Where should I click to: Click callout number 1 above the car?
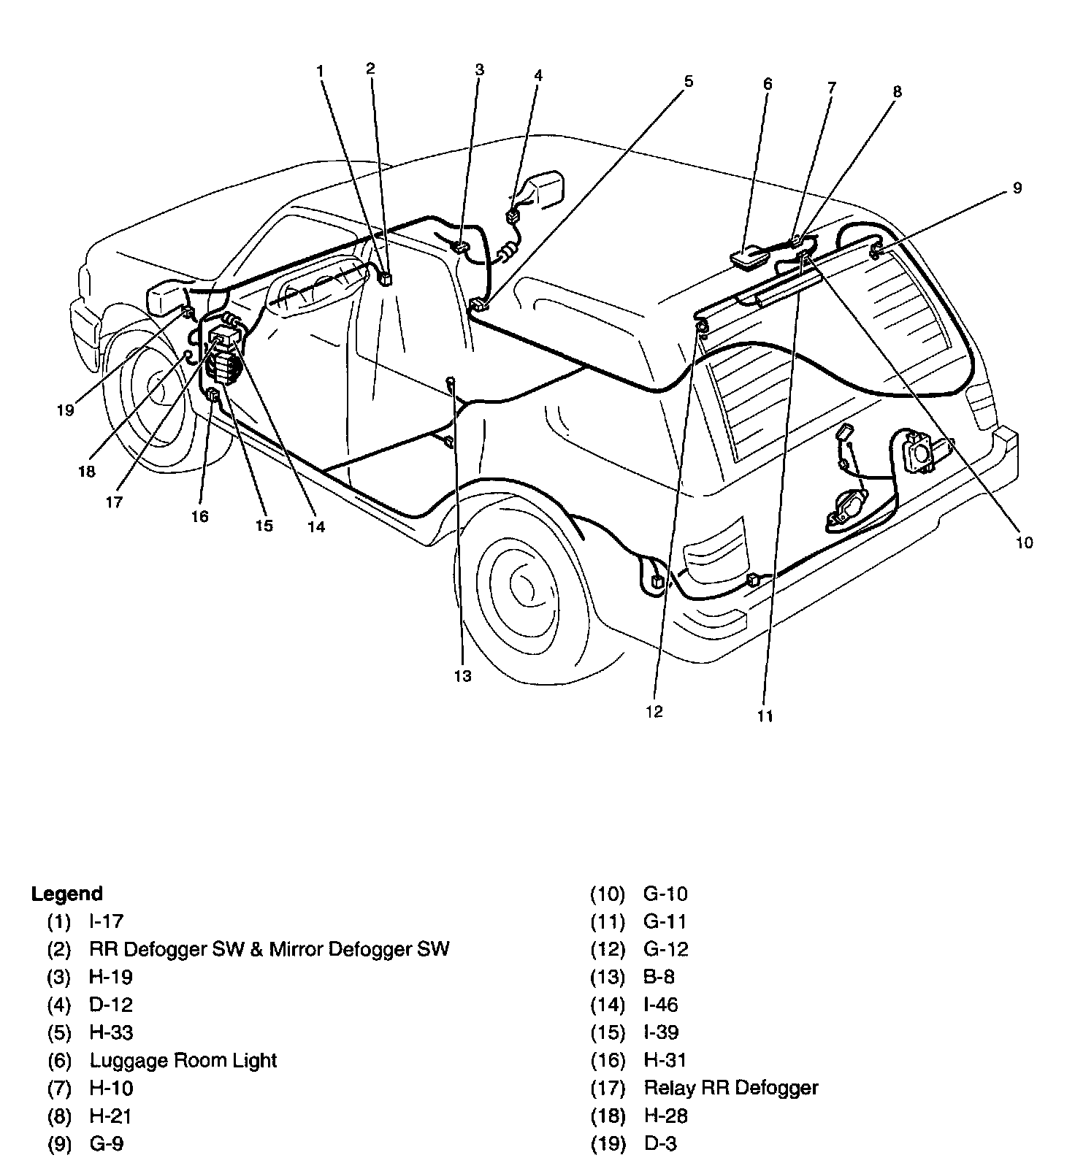point(320,71)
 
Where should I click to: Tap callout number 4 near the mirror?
point(538,75)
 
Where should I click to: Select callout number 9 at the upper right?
point(1017,188)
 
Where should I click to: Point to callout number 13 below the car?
point(463,676)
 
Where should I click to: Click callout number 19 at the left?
point(66,410)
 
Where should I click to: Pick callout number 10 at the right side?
point(1025,542)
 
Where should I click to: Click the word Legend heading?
point(66,894)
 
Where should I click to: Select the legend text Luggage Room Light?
point(183,1060)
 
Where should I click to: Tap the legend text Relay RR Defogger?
point(730,1088)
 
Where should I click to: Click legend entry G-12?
point(665,949)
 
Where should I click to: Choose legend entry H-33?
point(111,1032)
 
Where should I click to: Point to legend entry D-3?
point(660,1143)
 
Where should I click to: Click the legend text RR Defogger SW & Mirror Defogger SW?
point(269,949)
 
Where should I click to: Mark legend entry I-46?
point(660,1005)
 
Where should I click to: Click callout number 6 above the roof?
point(768,84)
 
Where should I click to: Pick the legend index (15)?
point(608,1032)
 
